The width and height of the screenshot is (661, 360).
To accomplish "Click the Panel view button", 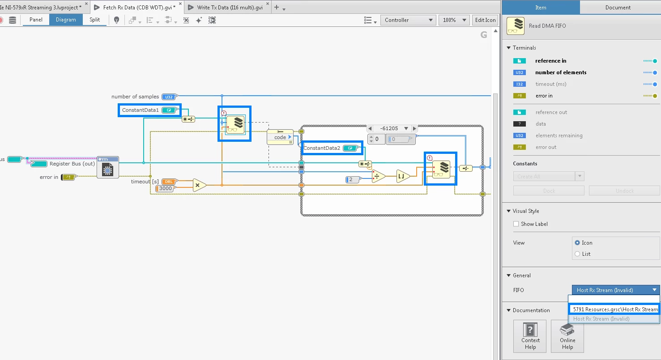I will (x=36, y=20).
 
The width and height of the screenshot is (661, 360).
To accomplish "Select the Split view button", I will (x=94, y=20).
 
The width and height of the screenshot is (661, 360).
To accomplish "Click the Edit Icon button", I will (x=485, y=20).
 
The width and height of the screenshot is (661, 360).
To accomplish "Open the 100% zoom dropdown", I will (x=454, y=20).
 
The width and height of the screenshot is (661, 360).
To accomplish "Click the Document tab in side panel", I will (x=618, y=7).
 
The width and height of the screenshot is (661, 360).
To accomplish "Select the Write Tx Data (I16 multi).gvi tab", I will (x=229, y=8).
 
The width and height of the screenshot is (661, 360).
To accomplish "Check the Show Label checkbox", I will (x=516, y=224).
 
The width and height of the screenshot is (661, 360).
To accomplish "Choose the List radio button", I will (x=577, y=254).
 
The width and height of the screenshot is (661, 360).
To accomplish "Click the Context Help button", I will (x=530, y=336).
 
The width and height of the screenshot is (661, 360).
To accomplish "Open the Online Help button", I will (x=567, y=336).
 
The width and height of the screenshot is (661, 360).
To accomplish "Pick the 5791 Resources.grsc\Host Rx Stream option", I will (x=614, y=309).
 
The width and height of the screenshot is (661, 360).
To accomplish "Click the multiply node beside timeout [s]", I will (x=199, y=185).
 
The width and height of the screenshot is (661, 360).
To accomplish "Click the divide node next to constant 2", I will (x=379, y=177).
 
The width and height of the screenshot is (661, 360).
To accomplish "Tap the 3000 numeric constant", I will (x=165, y=189).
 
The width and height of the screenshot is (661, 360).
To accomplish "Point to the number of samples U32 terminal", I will (x=169, y=97).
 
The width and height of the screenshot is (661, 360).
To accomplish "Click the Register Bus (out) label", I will (x=72, y=164).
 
